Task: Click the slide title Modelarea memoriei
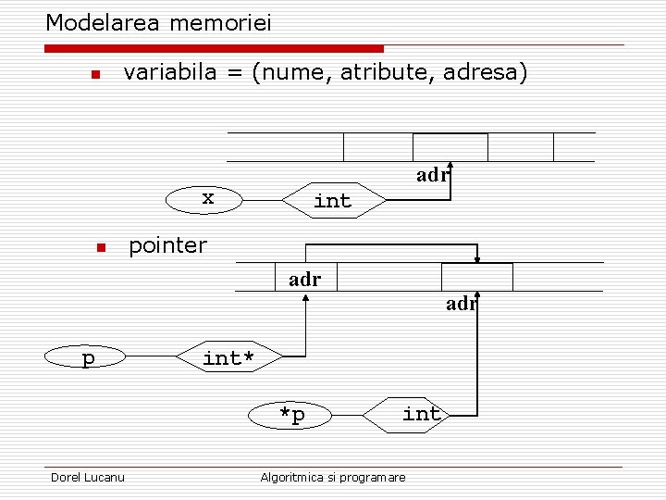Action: click(x=158, y=22)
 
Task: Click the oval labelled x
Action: click(x=207, y=198)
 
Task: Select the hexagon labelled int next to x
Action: click(x=332, y=200)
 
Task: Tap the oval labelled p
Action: click(x=88, y=357)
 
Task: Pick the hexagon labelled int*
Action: click(x=228, y=357)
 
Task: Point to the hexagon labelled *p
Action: click(x=292, y=415)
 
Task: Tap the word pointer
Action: click(x=167, y=245)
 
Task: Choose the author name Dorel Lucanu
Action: click(x=88, y=477)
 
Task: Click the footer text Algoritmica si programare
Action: click(x=333, y=477)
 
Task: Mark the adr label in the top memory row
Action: click(x=431, y=175)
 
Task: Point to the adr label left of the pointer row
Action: click(x=304, y=279)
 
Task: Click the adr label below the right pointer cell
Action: click(x=460, y=303)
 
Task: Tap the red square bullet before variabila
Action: click(x=93, y=74)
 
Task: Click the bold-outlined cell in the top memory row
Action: click(x=450, y=147)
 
